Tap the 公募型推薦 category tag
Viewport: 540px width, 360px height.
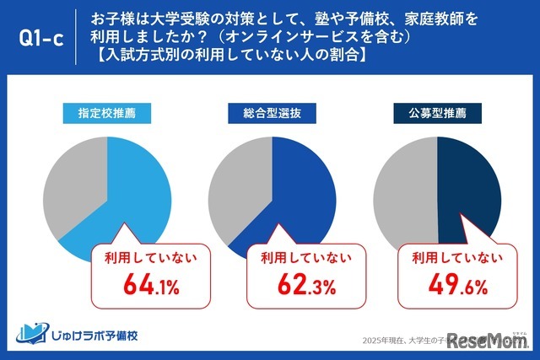436,110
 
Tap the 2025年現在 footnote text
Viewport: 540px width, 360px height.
397,339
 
